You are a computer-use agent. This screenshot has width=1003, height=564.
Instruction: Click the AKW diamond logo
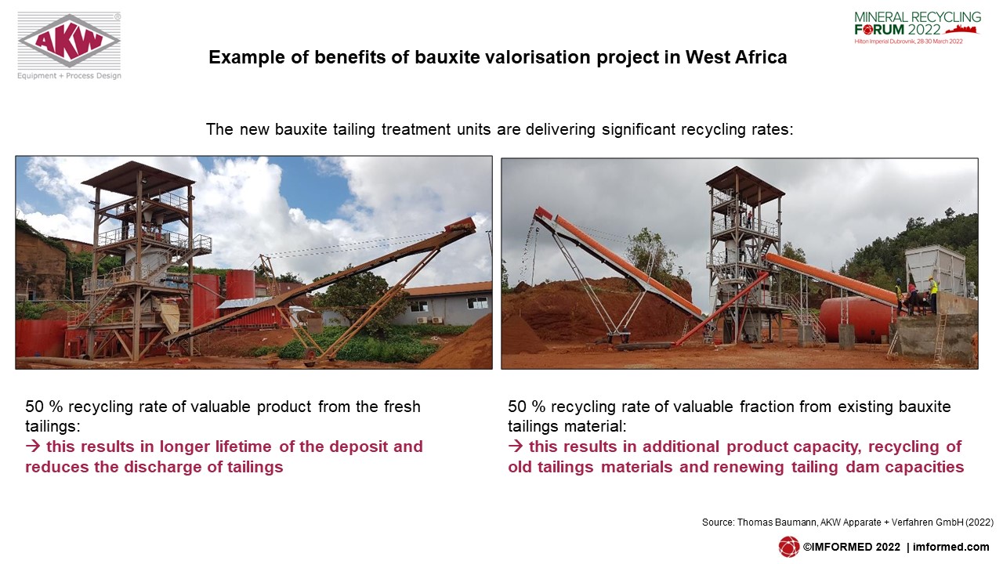tap(70, 40)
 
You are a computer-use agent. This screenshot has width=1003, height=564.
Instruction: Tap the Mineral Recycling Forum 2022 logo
tap(917, 27)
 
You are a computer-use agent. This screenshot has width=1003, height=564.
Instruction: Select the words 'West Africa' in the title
tap(736, 57)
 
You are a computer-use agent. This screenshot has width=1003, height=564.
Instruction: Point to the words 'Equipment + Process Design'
tap(70, 76)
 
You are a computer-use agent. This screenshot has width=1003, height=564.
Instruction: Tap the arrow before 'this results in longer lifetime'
tap(33, 446)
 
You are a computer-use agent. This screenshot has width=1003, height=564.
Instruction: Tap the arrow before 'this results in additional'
tap(516, 446)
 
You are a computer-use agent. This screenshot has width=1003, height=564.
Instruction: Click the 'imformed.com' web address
tap(951, 547)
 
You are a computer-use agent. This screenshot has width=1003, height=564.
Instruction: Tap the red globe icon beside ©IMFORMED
tap(788, 547)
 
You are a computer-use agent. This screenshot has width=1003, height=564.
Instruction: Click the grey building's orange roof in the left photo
tap(447, 289)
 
